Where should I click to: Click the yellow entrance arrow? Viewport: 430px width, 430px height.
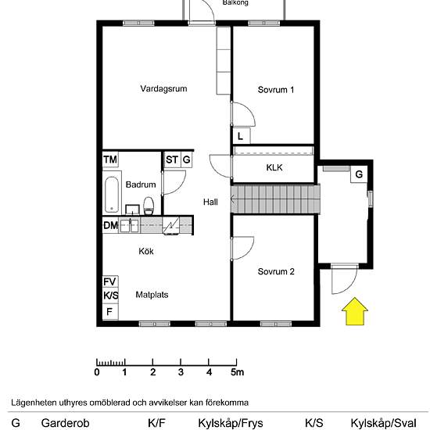[355, 311]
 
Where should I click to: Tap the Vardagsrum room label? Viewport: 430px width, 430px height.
[163, 88]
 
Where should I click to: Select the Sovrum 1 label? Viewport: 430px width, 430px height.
[276, 90]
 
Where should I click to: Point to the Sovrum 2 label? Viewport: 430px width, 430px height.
[276, 271]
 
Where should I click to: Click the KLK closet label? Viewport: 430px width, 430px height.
[274, 167]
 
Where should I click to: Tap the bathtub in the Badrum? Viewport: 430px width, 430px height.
[112, 195]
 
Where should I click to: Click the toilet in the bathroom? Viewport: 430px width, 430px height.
[149, 206]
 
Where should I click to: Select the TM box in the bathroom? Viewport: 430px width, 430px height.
[110, 159]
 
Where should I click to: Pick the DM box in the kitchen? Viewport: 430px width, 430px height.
[110, 225]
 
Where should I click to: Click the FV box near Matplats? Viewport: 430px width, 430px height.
[110, 281]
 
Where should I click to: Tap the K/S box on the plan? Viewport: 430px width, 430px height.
[110, 296]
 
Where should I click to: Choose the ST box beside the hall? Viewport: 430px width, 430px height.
[172, 159]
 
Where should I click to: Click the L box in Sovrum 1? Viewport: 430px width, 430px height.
[241, 136]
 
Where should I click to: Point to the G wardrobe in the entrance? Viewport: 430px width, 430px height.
[359, 174]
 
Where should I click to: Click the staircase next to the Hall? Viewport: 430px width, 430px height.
[275, 199]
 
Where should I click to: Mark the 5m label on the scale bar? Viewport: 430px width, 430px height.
[237, 372]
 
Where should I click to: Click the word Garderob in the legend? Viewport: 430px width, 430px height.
[65, 423]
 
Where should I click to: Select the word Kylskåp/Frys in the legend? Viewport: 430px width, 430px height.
[231, 423]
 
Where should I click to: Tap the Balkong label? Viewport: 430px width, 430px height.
[235, 3]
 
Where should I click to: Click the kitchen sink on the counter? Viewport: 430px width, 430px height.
[129, 225]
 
